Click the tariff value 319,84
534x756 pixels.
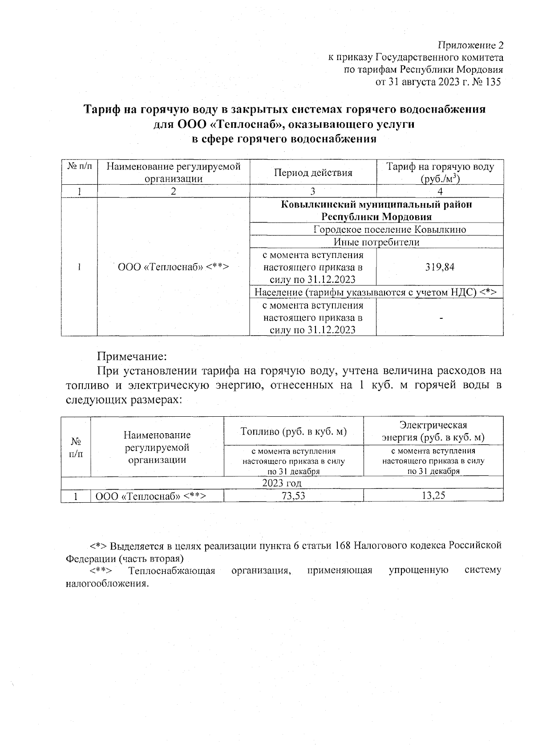point(439,267)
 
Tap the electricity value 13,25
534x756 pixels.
point(433,496)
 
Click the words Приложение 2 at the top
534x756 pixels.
point(471,45)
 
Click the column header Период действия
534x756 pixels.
point(313,172)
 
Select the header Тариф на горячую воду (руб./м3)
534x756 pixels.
point(440,172)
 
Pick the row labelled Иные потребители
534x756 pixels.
point(376,242)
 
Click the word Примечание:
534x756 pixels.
point(132,357)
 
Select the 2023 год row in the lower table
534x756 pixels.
point(282,483)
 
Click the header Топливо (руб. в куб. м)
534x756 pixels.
point(293,431)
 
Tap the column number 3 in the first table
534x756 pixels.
point(313,191)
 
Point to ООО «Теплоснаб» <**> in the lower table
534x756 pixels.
point(151,496)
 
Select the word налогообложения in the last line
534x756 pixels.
point(106,583)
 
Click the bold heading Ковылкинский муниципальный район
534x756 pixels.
point(376,205)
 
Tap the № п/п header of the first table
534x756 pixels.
point(79,167)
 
